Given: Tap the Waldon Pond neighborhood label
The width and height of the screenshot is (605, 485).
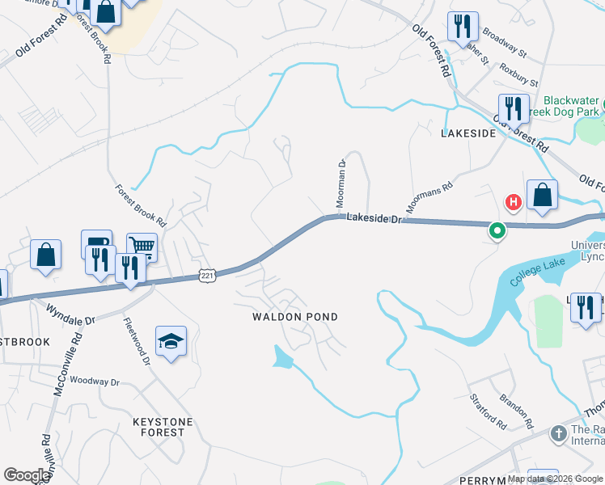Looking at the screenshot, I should coord(294,317).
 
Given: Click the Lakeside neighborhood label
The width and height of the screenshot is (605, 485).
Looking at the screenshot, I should coord(467,133).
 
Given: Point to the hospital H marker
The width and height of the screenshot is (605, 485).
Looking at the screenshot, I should coord(512,201).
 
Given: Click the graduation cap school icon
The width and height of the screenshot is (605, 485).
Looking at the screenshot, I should coord(171,342).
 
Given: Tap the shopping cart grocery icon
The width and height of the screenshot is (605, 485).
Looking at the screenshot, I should coord(142,247).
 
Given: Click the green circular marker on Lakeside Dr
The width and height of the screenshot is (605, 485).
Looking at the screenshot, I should coord(497,232).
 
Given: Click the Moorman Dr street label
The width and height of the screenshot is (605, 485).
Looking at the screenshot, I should coord(342,182).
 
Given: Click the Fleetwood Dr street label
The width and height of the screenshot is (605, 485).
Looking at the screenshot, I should coord(137,340).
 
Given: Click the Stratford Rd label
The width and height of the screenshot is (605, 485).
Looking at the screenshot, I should coord(489,411).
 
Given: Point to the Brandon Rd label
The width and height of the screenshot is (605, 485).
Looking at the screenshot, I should coord(516,411).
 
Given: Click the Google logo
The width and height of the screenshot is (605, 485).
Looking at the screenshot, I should coord(27,475).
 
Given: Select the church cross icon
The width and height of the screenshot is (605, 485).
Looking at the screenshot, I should coord(558,435).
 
